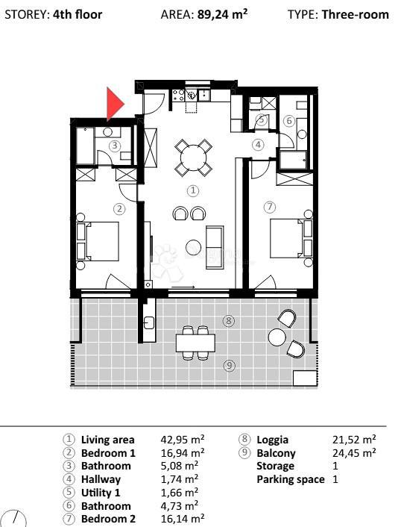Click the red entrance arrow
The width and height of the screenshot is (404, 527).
pos(114,103)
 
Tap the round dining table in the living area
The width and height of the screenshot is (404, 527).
pos(193,157)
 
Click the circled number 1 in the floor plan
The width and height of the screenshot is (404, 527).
pos(193,190)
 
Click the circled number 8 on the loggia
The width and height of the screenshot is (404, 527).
pos(229,321)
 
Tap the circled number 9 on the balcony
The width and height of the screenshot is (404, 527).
pos(229,365)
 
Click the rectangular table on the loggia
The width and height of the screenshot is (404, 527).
pos(195,343)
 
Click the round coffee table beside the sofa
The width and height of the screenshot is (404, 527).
pos(193,247)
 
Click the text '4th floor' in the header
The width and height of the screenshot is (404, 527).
pos(78,14)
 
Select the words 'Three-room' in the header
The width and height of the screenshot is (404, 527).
pos(355,14)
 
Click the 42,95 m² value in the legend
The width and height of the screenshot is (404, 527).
pos(183,440)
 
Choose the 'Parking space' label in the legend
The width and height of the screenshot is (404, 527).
pos(291,478)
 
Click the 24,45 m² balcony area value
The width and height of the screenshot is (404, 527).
pos(354,452)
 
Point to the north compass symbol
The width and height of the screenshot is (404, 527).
pos(16,517)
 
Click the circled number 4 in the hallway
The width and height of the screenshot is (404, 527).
pos(258,145)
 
